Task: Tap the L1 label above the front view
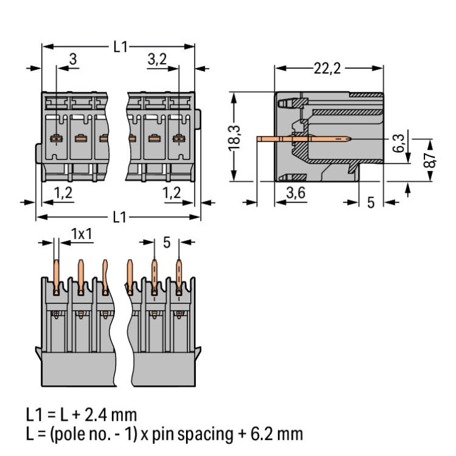120,46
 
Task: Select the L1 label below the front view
120,216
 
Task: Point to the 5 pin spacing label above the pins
167,243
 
